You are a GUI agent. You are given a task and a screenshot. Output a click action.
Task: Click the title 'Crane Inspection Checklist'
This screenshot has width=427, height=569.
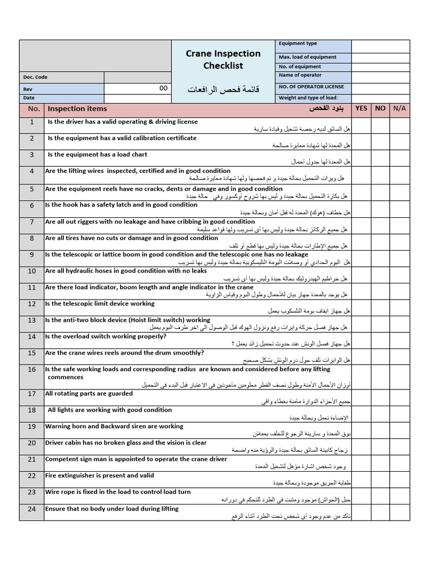[223, 59]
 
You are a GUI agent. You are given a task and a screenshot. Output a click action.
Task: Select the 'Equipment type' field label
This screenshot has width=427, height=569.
[297, 43]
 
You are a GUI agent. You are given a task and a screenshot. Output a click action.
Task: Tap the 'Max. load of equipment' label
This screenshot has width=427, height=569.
[307, 57]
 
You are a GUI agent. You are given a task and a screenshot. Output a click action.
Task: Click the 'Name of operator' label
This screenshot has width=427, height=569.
[300, 75]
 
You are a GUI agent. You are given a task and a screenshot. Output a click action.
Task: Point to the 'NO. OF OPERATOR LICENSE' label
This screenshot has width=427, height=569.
[311, 87]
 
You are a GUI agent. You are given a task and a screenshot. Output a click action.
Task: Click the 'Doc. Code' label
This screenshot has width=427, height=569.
[35, 78]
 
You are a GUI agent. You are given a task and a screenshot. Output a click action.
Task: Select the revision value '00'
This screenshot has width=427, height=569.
[163, 88]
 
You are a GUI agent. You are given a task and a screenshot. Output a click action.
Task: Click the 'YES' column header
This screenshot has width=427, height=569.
[361, 108]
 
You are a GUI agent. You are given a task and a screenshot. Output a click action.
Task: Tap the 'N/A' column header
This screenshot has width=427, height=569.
[399, 108]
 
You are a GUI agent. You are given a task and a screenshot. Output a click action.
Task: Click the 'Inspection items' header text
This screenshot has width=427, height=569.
[77, 109]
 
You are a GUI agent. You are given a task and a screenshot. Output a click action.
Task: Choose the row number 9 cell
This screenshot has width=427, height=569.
[32, 255]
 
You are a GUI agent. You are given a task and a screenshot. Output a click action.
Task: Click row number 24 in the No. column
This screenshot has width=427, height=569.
[32, 509]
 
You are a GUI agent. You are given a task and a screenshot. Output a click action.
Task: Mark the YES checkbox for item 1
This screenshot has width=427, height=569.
[361, 125]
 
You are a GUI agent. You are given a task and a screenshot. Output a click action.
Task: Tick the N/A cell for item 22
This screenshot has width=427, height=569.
[399, 479]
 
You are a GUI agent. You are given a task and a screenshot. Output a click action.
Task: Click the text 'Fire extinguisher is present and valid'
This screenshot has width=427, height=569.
[100, 476]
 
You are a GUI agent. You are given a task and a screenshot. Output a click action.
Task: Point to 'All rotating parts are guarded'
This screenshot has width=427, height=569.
[89, 393]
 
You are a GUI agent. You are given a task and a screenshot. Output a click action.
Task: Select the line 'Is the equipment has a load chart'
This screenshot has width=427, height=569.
[97, 154]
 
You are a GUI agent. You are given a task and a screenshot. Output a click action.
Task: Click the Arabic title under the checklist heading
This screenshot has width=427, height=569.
[223, 89]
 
